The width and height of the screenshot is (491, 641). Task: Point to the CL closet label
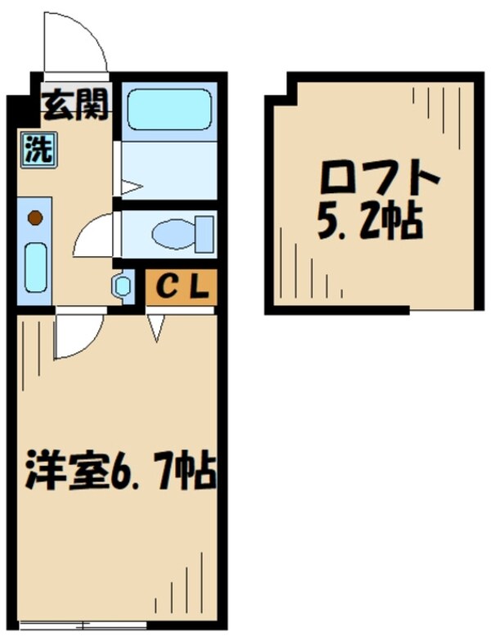(181, 287)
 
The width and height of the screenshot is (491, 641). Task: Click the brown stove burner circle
(35, 218)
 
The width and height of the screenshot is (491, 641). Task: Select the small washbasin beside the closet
(122, 286)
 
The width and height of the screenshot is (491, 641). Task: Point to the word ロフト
(380, 177)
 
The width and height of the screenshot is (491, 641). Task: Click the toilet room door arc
(94, 236)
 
